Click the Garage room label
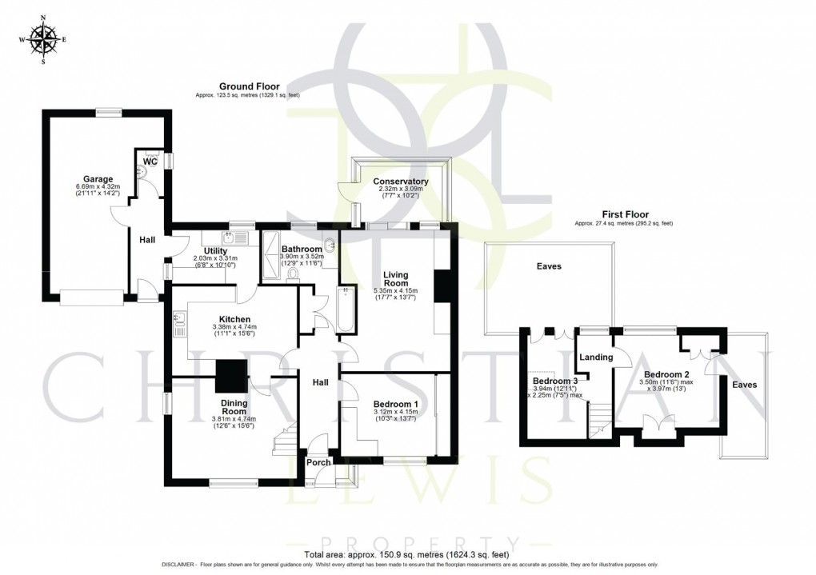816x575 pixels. [x=99, y=179]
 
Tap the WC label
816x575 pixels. [x=149, y=162]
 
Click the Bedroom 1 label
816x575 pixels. [x=395, y=405]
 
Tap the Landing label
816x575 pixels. [x=596, y=357]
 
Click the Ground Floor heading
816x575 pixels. [x=247, y=86]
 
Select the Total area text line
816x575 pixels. [x=407, y=554]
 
